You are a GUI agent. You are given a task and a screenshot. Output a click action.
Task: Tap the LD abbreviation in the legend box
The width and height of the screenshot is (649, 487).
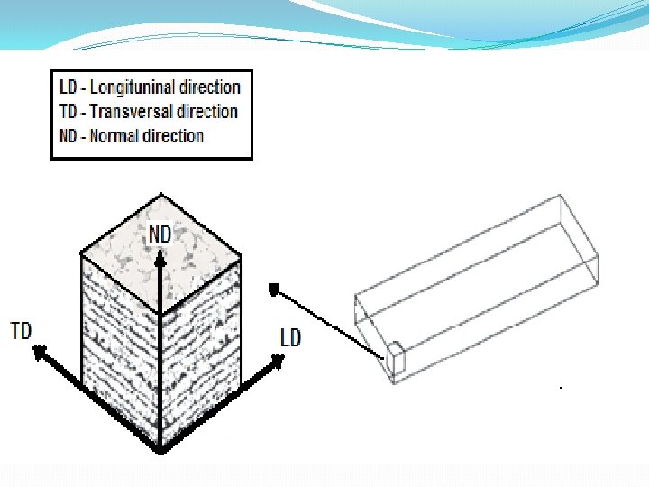coord(68,87)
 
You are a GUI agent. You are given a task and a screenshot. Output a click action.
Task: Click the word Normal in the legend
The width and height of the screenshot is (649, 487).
coord(115,136)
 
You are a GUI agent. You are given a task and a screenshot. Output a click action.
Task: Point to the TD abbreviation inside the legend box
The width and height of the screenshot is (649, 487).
coord(68,112)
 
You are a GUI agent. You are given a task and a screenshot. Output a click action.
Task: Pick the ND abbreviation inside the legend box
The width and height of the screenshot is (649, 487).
coord(69,136)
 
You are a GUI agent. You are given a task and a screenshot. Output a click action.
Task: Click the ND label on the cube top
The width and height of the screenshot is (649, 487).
coord(160,234)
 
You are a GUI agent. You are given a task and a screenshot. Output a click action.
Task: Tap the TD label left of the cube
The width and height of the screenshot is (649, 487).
coord(21,330)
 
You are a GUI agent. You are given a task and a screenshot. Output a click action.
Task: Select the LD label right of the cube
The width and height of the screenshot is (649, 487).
coord(290,338)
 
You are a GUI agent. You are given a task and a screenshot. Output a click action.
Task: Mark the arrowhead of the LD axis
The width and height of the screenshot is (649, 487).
coord(277,360)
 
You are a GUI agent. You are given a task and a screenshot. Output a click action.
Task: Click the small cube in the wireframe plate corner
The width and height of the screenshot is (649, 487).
coord(398,361)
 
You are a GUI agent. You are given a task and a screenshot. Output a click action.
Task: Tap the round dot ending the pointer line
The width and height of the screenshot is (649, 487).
coord(274,289)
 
